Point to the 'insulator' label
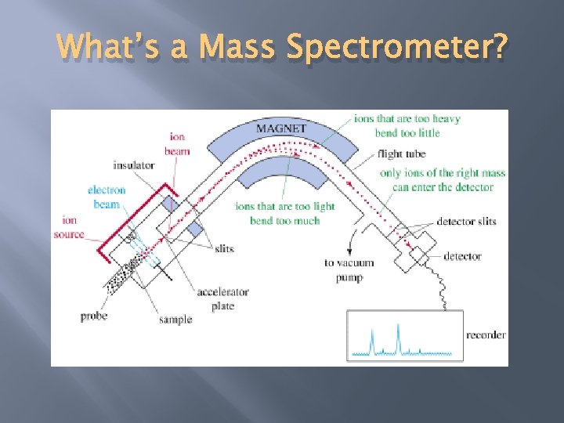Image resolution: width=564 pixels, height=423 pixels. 134,165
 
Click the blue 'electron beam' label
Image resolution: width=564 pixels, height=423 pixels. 107,197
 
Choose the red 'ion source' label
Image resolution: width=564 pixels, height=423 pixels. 69,227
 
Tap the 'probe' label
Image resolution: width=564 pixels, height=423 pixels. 94,316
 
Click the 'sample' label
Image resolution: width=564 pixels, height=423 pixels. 175,320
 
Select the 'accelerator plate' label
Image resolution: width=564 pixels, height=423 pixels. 222,299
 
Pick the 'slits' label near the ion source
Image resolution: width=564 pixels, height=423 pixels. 224,248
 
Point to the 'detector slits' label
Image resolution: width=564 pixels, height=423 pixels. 466,222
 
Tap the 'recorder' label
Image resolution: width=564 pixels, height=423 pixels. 486,335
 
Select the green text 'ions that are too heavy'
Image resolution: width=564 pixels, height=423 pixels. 407,119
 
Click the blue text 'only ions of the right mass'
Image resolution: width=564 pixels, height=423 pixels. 443,173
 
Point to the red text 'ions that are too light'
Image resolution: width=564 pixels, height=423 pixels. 285,207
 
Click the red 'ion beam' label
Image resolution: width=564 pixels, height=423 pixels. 177,144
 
